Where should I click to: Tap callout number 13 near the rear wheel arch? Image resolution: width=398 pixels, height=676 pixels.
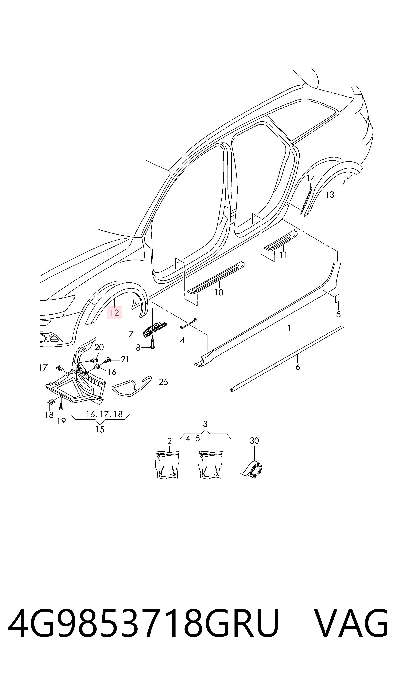pos(330,195)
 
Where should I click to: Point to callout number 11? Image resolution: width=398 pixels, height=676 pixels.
pos(283,255)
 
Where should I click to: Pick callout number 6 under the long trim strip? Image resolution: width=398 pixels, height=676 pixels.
pos(298,367)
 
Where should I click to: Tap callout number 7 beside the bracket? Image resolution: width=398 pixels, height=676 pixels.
pos(131,334)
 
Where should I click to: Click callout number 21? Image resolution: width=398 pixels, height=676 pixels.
pos(125,359)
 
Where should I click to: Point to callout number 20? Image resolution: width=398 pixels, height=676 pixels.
pos(99,347)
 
